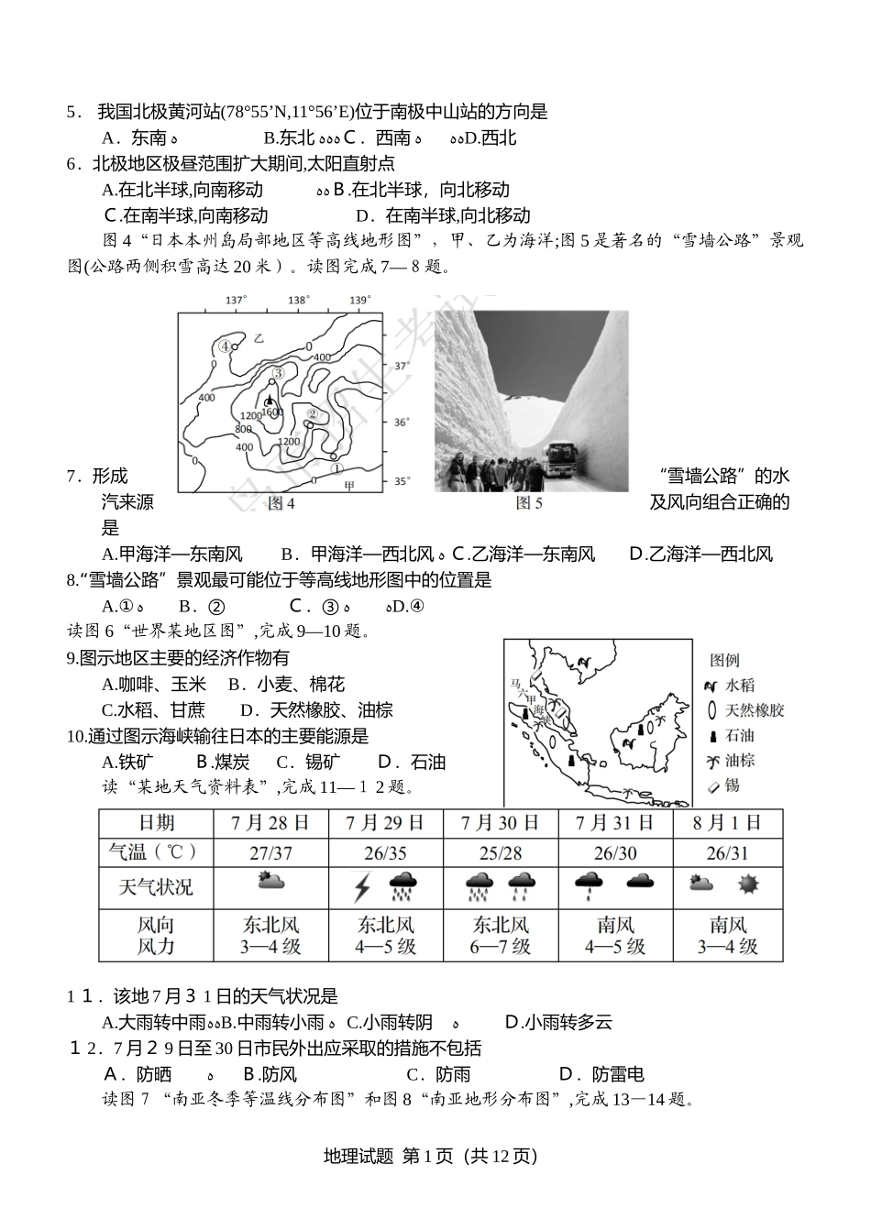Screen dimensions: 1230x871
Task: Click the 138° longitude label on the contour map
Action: (297, 301)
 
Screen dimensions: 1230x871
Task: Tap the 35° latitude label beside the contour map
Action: (401, 481)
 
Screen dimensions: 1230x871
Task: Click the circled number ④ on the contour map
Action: (225, 346)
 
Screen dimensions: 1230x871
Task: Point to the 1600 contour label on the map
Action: (271, 413)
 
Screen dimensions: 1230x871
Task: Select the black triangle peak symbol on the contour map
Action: (269, 401)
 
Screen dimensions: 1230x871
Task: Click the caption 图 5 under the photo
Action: (529, 502)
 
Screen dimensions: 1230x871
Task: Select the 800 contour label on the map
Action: (243, 430)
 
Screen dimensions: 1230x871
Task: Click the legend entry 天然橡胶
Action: (755, 710)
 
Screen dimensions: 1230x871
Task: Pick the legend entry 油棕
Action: (740, 761)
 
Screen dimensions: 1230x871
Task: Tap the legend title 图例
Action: (724, 660)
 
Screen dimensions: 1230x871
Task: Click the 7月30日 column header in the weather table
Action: (500, 822)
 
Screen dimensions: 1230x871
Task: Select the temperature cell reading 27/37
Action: (270, 853)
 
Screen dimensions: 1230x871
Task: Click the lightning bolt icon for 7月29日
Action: (362, 887)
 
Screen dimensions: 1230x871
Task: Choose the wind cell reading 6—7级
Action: (500, 947)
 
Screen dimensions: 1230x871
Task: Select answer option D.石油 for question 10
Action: (411, 763)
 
